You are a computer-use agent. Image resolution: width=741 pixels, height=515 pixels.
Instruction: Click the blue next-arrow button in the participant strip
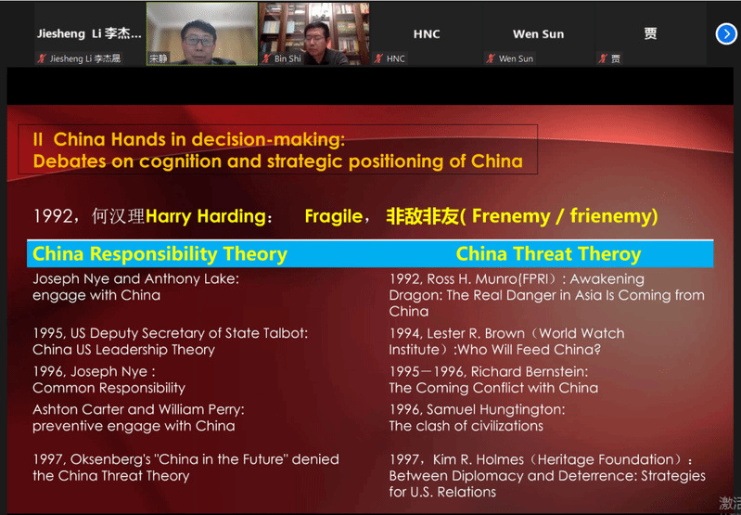pos(726,34)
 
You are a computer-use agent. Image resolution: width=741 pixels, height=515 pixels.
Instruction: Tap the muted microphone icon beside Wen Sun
pos(491,58)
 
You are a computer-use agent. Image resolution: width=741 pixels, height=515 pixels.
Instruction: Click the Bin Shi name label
pos(287,58)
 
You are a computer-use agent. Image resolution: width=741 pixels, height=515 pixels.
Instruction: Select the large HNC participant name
pos(427,34)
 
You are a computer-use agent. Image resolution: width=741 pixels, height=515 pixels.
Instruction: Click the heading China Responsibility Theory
pos(160,254)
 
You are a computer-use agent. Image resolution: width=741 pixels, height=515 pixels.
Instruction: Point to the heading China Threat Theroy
pos(548,254)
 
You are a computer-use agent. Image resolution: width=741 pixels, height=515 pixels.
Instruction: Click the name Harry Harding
pos(206,216)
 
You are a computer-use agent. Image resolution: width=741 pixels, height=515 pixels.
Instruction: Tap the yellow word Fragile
pos(334,216)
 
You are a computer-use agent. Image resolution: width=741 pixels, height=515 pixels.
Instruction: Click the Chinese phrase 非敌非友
pos(423,216)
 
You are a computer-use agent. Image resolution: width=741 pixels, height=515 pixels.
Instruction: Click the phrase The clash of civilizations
pos(466,426)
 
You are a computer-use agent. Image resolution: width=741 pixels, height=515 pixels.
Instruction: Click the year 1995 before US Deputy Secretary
pos(48,333)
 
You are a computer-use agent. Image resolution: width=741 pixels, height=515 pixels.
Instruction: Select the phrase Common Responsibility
pos(109,388)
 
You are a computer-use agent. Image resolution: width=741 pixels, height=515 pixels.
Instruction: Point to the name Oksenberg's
pos(111,459)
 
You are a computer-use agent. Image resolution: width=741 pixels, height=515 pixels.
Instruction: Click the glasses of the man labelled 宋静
pos(199,41)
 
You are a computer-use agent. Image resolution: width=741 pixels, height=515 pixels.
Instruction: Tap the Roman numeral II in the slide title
pos(38,139)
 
